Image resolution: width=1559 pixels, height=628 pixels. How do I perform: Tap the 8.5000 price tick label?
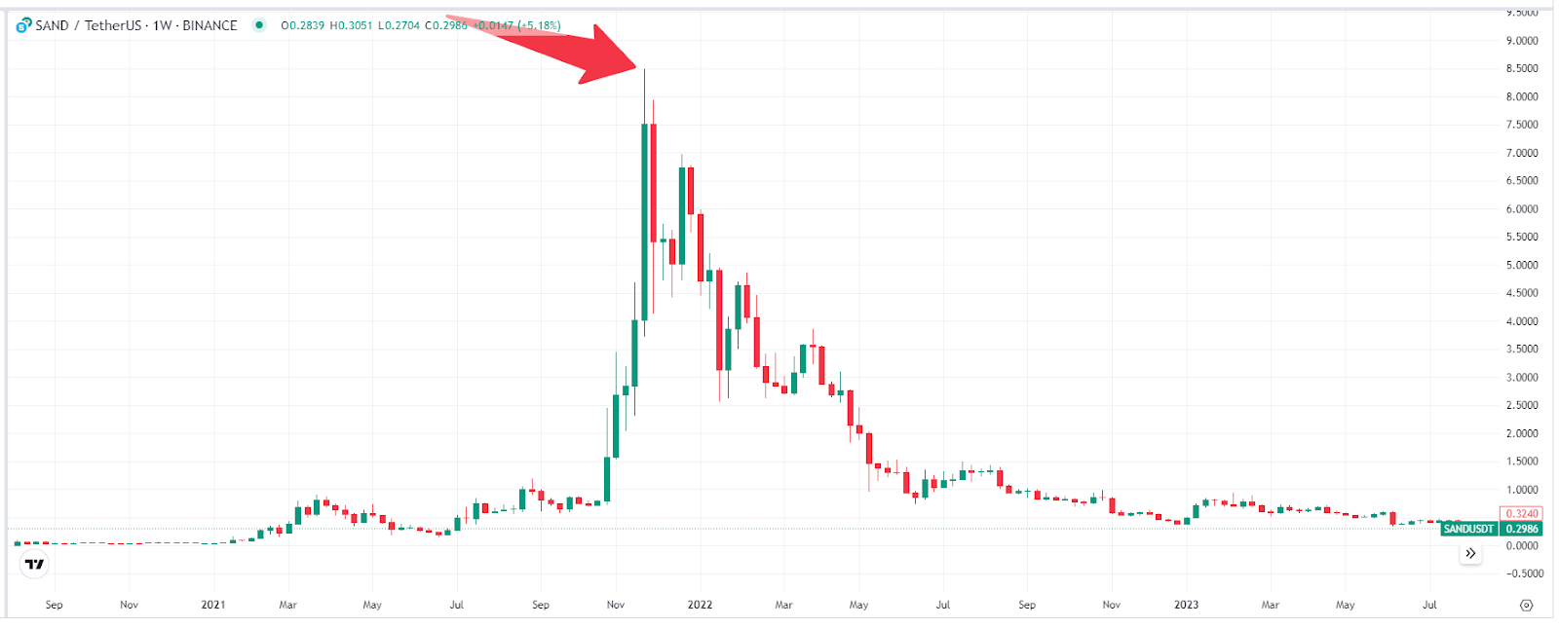(x=1522, y=68)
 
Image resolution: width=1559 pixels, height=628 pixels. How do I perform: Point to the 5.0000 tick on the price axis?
(x=1522, y=265)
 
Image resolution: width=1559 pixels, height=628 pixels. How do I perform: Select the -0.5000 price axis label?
(x=1524, y=573)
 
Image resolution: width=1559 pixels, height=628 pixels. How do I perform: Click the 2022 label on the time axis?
(x=700, y=605)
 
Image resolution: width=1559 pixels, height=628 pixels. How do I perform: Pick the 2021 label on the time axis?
(x=213, y=605)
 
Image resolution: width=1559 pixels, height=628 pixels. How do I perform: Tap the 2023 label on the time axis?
(x=1186, y=605)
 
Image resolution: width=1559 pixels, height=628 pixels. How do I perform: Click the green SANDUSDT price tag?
(x=1468, y=529)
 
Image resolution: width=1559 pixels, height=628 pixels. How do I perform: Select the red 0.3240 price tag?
(x=1521, y=513)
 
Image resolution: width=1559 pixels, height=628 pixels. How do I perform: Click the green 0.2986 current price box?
(x=1522, y=529)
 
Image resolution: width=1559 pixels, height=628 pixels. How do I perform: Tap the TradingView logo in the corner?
(x=34, y=564)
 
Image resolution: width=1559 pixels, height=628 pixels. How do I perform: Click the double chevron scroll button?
(x=1470, y=553)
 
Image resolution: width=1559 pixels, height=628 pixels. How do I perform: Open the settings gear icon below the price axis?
(x=1526, y=605)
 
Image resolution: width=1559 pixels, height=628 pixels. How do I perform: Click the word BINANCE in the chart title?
(x=209, y=25)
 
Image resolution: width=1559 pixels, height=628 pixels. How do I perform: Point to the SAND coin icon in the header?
(x=24, y=25)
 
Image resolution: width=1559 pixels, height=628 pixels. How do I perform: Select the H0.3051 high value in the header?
(x=351, y=25)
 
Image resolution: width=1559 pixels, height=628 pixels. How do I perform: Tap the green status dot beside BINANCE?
(x=259, y=25)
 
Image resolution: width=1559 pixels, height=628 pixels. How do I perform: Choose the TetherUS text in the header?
(x=113, y=25)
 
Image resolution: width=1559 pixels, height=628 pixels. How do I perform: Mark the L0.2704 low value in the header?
(x=399, y=25)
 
